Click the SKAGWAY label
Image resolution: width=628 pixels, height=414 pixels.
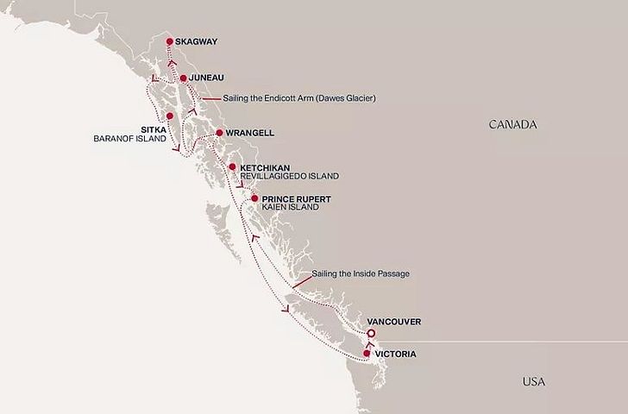coord(198,41)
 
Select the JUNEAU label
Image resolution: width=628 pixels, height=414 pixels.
coord(208,78)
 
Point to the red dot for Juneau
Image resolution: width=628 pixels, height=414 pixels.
coord(183,78)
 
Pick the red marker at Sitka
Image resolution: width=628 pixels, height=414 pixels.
coord(170,116)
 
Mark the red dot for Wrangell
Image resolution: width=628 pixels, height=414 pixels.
coord(219,133)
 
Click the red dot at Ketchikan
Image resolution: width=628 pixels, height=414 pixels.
coord(233,166)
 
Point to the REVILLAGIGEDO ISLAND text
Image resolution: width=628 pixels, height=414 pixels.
coord(290,176)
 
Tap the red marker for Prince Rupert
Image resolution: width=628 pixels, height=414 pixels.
coord(254,199)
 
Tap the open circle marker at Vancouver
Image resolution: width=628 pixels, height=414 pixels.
coord(370,334)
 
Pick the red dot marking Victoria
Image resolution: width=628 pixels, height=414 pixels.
coord(367,354)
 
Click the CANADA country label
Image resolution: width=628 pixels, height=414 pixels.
coord(513,125)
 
